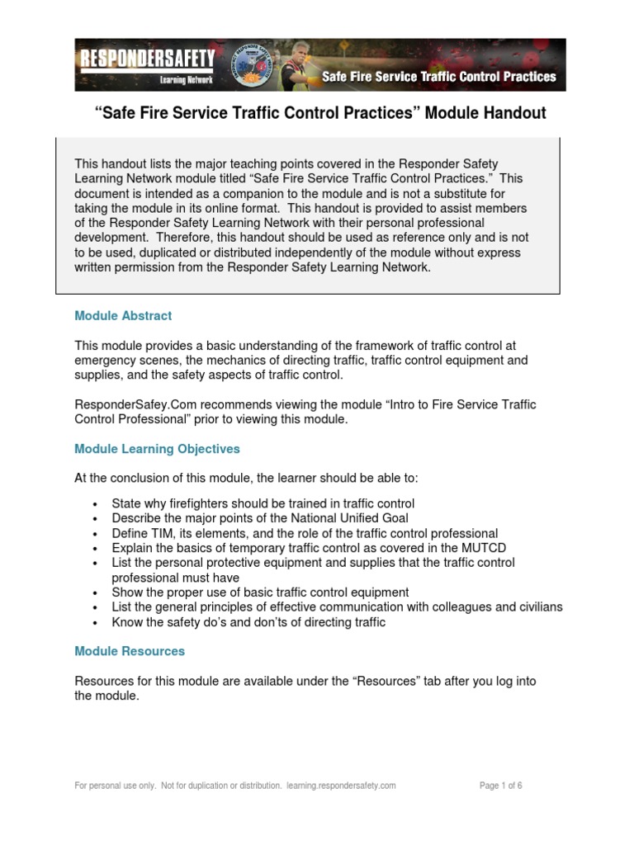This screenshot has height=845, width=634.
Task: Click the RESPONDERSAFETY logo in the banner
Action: point(147,59)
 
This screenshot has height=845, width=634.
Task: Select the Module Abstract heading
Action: point(123,315)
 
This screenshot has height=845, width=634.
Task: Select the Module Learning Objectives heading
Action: point(157,449)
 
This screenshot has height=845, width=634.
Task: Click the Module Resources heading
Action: point(130,651)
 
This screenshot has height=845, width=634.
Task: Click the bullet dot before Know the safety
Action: point(96,623)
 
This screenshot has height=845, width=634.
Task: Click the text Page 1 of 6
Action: point(500,786)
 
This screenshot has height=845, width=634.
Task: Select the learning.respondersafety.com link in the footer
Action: point(341,786)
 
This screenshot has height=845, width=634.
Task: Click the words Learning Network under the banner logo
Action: point(187,80)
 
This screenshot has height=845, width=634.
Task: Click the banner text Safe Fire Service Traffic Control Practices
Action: point(438,78)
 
